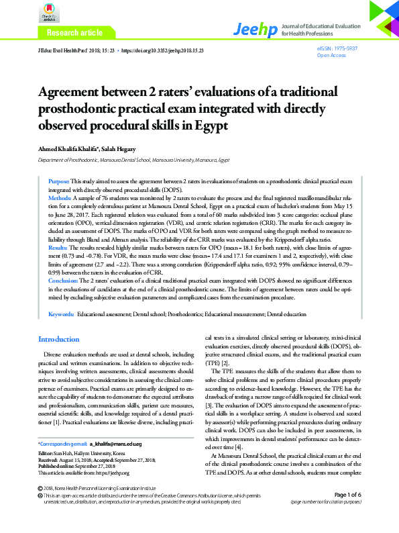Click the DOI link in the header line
coord(163,50)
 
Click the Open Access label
coord(331,56)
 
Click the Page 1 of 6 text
coord(343,514)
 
